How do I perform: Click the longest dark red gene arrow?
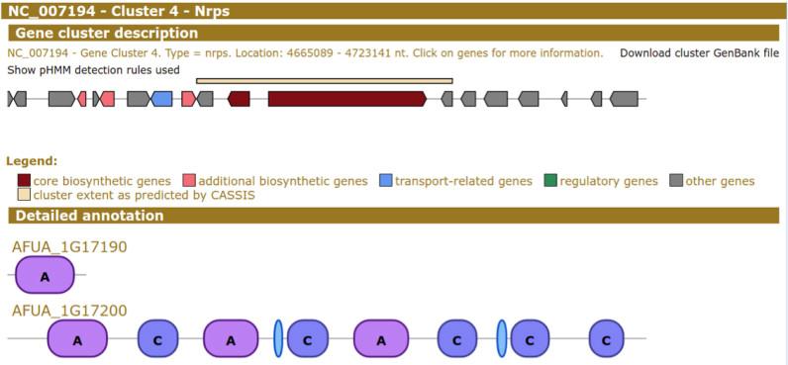point(346,99)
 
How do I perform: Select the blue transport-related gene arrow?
point(162,99)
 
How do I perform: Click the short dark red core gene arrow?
point(239,99)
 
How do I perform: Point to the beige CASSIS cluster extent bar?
point(324,81)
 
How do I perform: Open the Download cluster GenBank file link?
point(699,52)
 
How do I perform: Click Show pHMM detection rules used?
point(93,70)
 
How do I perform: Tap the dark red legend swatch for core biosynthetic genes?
point(24,181)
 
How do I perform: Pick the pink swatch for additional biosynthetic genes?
point(189,181)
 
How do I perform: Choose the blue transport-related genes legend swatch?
point(385,181)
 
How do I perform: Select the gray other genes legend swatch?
point(676,181)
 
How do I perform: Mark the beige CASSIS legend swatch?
point(24,195)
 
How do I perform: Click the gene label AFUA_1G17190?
point(69,247)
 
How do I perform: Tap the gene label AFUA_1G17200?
point(69,311)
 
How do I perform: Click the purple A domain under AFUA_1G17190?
point(46,276)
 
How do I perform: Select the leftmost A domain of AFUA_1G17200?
point(77,339)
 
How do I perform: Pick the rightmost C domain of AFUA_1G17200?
point(606,339)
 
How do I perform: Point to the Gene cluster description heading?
point(106,34)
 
